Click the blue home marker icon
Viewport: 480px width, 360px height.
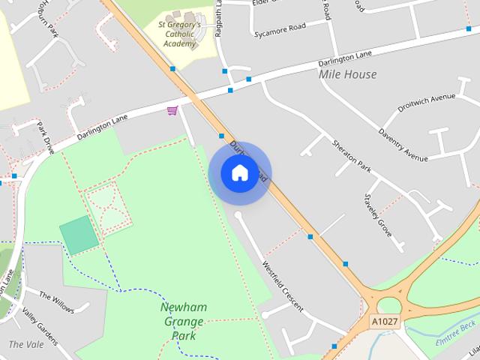pos(239,172)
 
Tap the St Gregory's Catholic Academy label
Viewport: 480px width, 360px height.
pos(179,34)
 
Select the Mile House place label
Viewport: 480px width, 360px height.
pos(347,74)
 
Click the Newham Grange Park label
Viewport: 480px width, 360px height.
pos(183,322)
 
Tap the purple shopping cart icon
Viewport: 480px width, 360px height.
pos(172,111)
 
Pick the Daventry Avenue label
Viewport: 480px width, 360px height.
pos(403,145)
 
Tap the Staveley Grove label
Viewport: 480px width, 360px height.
pos(378,215)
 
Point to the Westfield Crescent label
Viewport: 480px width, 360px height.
pos(283,286)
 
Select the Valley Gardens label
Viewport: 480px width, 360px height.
pos(39,328)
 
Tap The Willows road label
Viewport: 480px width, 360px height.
pos(56,302)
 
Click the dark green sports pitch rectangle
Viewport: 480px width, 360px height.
pos(79,234)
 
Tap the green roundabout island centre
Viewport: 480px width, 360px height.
pos(390,305)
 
